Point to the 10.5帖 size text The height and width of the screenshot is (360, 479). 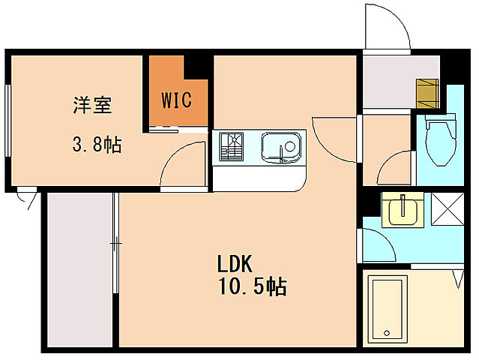pyautogui.click(x=252, y=287)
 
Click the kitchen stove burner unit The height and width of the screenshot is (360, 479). pyautogui.click(x=231, y=147)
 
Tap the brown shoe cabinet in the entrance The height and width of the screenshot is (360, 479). pyautogui.click(x=427, y=93)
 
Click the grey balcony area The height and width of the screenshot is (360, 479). pyautogui.click(x=79, y=270)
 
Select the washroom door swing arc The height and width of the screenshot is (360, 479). pyautogui.click(x=379, y=244)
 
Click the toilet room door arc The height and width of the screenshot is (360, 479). pyautogui.click(x=395, y=169)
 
